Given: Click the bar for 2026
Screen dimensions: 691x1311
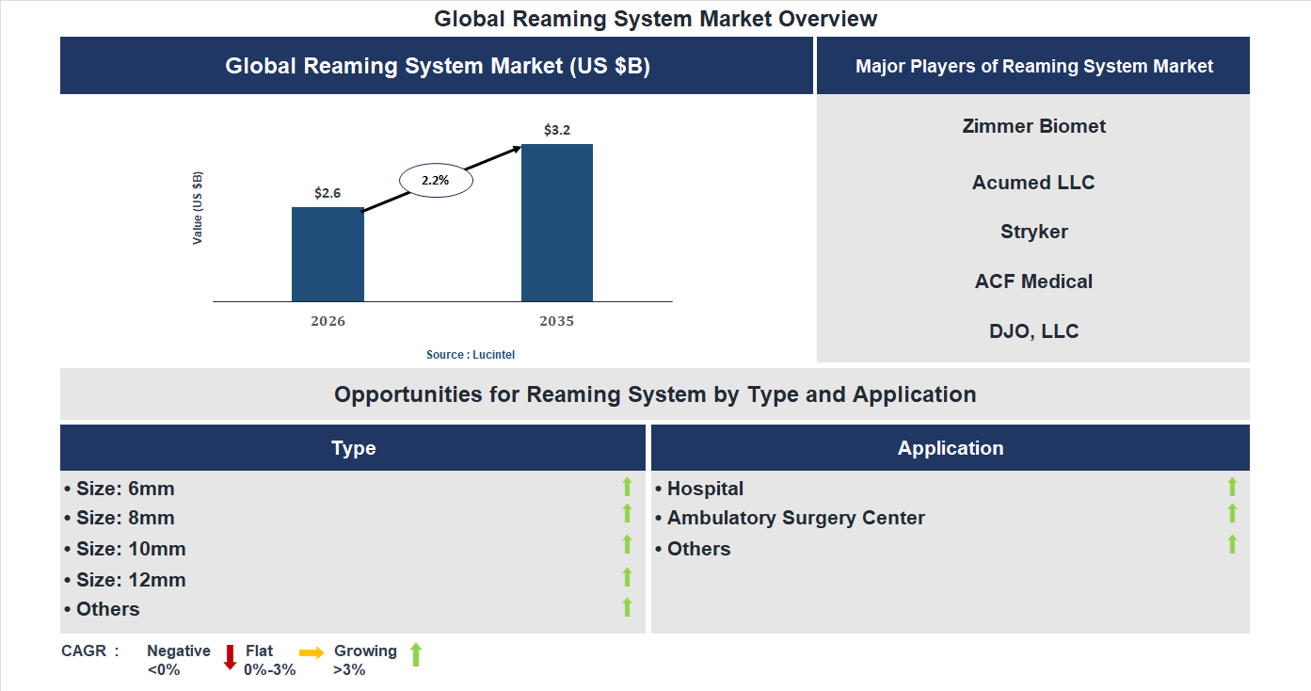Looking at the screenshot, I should [x=328, y=254].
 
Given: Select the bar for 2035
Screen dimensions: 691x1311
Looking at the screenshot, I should [x=557, y=223].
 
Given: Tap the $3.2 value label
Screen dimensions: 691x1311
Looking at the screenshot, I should [x=557, y=130].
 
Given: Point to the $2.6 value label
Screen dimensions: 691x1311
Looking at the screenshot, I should [x=328, y=193].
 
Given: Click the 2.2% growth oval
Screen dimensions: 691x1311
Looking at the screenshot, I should [x=436, y=179].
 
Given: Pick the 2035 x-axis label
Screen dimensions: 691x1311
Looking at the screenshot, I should [x=557, y=321].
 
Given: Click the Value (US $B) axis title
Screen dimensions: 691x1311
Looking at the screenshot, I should [x=198, y=208].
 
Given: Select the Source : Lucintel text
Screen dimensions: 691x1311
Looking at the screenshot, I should [x=471, y=355].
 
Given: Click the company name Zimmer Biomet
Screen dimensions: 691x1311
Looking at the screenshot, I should [x=1033, y=126].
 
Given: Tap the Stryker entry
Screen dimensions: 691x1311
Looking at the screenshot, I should [x=1033, y=232].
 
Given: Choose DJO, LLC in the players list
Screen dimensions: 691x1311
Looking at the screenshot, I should [x=1033, y=331].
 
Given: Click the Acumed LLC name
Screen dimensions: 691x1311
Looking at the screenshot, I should [x=1033, y=183].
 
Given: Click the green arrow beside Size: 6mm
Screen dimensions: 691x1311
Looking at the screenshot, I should [x=627, y=487].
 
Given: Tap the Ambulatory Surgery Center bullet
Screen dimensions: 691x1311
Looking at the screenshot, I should [x=791, y=518].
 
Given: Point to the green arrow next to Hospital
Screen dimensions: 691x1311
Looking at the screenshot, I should [x=1232, y=487].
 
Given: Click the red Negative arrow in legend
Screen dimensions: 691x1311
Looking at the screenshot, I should [x=230, y=657].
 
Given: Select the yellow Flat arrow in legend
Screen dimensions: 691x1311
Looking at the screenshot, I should [x=312, y=652].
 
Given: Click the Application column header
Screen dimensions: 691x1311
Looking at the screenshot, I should [x=951, y=448].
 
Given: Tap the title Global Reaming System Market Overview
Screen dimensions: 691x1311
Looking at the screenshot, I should [x=655, y=18].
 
